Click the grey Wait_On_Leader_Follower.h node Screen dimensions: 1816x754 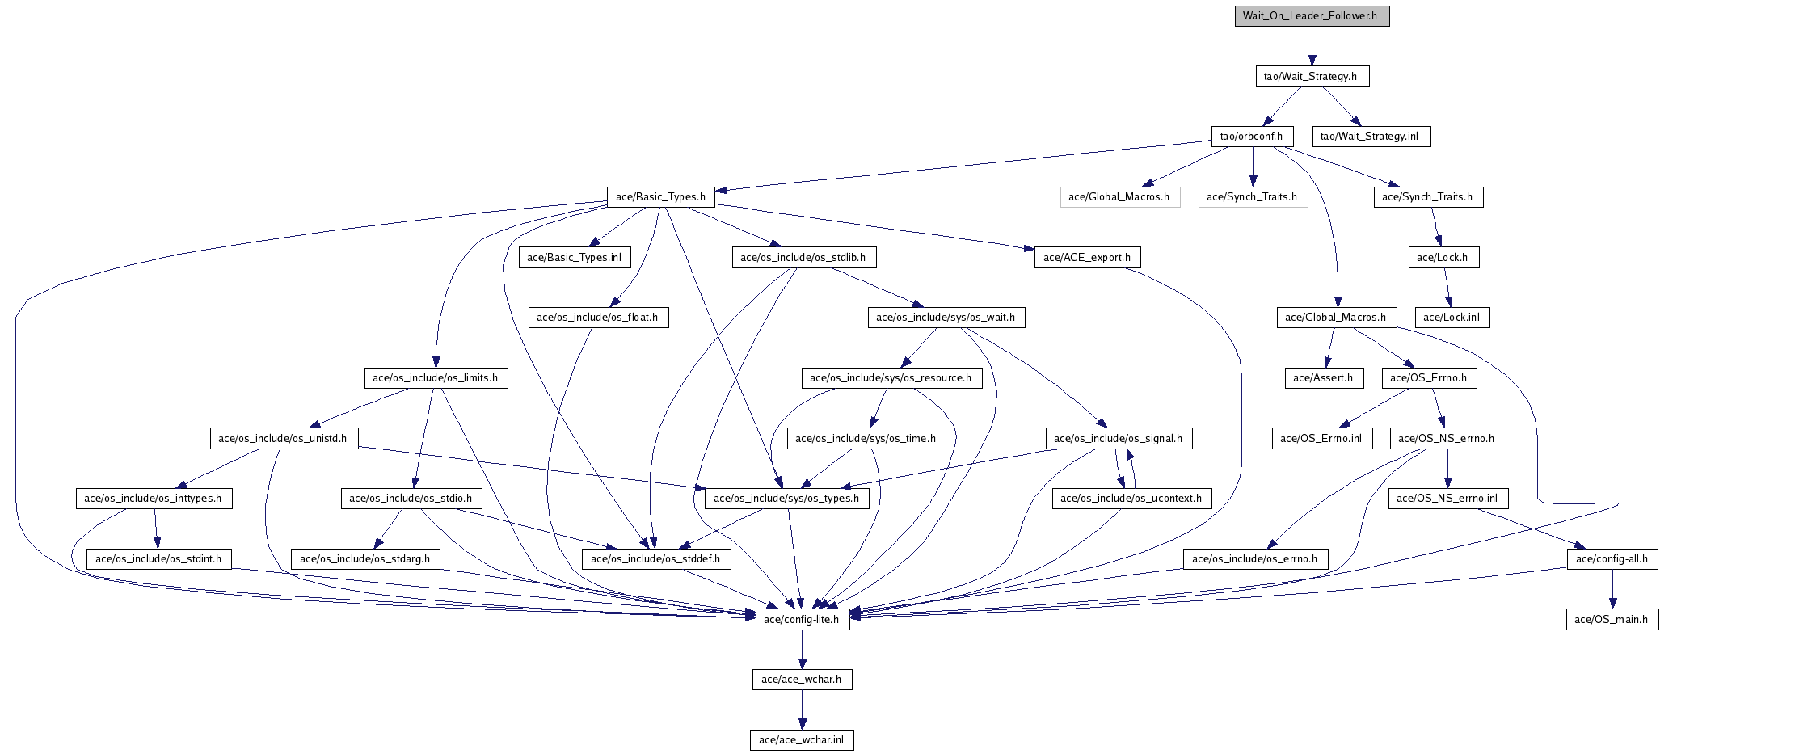pos(1312,16)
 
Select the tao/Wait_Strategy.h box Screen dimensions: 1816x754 pos(1312,77)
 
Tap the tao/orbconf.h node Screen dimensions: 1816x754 pos(1252,137)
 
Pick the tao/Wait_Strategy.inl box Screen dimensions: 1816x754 pos(1371,137)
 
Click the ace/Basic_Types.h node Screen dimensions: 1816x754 pos(661,197)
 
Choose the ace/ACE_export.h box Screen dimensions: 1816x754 pos(1087,258)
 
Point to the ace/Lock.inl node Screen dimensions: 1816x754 pos(1452,318)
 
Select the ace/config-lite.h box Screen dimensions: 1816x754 pos(803,620)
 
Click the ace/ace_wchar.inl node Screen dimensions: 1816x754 pos(802,740)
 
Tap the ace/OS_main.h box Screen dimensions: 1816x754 pos(1612,620)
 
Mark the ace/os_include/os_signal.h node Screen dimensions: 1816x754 pos(1119,439)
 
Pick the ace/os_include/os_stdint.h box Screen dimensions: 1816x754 pos(159,559)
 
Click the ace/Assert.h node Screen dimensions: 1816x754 pos(1324,378)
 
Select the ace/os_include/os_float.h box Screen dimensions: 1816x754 pos(598,318)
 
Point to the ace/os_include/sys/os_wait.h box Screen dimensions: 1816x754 pos(946,318)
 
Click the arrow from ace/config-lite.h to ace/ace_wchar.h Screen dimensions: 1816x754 pos(802,650)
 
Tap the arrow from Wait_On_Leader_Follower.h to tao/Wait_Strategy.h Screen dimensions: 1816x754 pos(1312,46)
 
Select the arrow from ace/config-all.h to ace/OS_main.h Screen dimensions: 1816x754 pos(1612,589)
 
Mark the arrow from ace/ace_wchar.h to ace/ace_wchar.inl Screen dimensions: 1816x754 pos(802,710)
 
